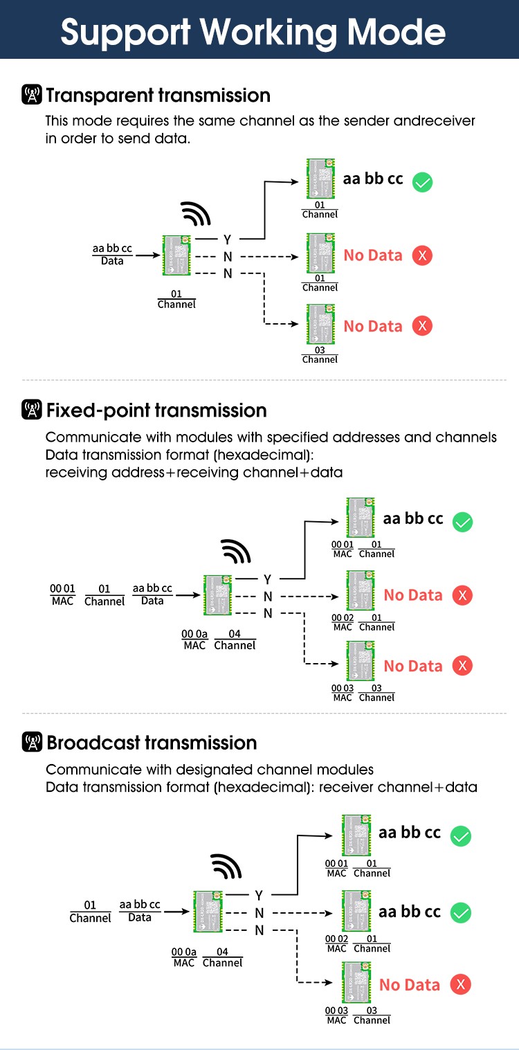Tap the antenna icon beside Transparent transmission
[x=32, y=96]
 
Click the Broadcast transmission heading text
[x=152, y=743]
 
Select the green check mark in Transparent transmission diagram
[x=422, y=182]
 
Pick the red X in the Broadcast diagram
[x=460, y=984]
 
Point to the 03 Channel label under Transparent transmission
[x=320, y=355]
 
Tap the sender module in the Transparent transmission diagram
[x=176, y=255]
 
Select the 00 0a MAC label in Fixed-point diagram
[x=194, y=640]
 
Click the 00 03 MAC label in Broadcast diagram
[x=336, y=1015]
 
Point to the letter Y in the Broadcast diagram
[x=259, y=895]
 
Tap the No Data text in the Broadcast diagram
[x=410, y=985]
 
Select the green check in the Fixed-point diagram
[x=462, y=522]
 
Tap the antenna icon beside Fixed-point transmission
[x=32, y=410]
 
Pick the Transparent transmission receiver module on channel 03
[x=320, y=324]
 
